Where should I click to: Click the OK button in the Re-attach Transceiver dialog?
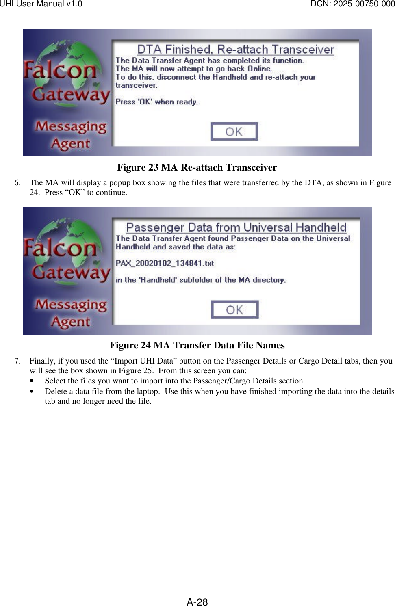pos(234,132)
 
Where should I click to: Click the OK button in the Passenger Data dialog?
pos(234,310)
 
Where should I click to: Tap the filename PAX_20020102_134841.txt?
pos(165,263)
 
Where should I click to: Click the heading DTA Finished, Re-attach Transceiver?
pos(235,50)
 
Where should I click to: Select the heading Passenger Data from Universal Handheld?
pos(236,227)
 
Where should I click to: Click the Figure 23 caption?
pos(197,167)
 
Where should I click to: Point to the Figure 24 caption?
pos(197,345)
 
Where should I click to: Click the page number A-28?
pos(197,602)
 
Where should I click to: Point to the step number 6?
pos(17,183)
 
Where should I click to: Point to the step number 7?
pos(17,361)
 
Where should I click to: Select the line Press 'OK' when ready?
pos(156,102)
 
